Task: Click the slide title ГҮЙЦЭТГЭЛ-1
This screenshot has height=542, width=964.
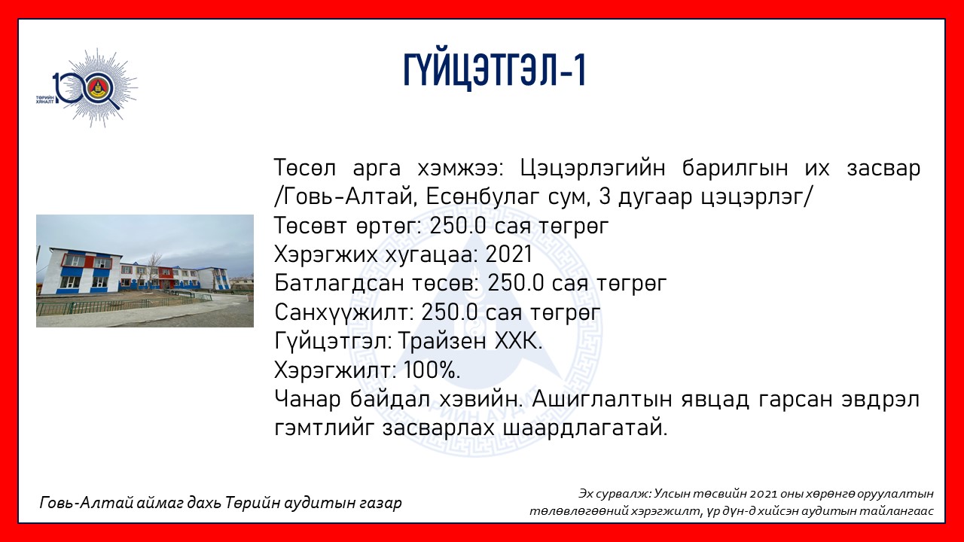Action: (495, 71)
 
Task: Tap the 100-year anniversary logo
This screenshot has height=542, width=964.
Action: (87, 88)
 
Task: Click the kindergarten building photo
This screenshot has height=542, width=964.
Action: (145, 271)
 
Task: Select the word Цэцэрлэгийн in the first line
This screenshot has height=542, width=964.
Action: (593, 169)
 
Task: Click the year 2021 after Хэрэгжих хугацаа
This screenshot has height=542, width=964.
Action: (509, 254)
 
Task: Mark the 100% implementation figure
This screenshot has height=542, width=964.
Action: (432, 370)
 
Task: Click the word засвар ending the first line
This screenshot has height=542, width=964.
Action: (883, 169)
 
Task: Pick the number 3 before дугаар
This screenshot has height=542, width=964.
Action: (604, 197)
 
